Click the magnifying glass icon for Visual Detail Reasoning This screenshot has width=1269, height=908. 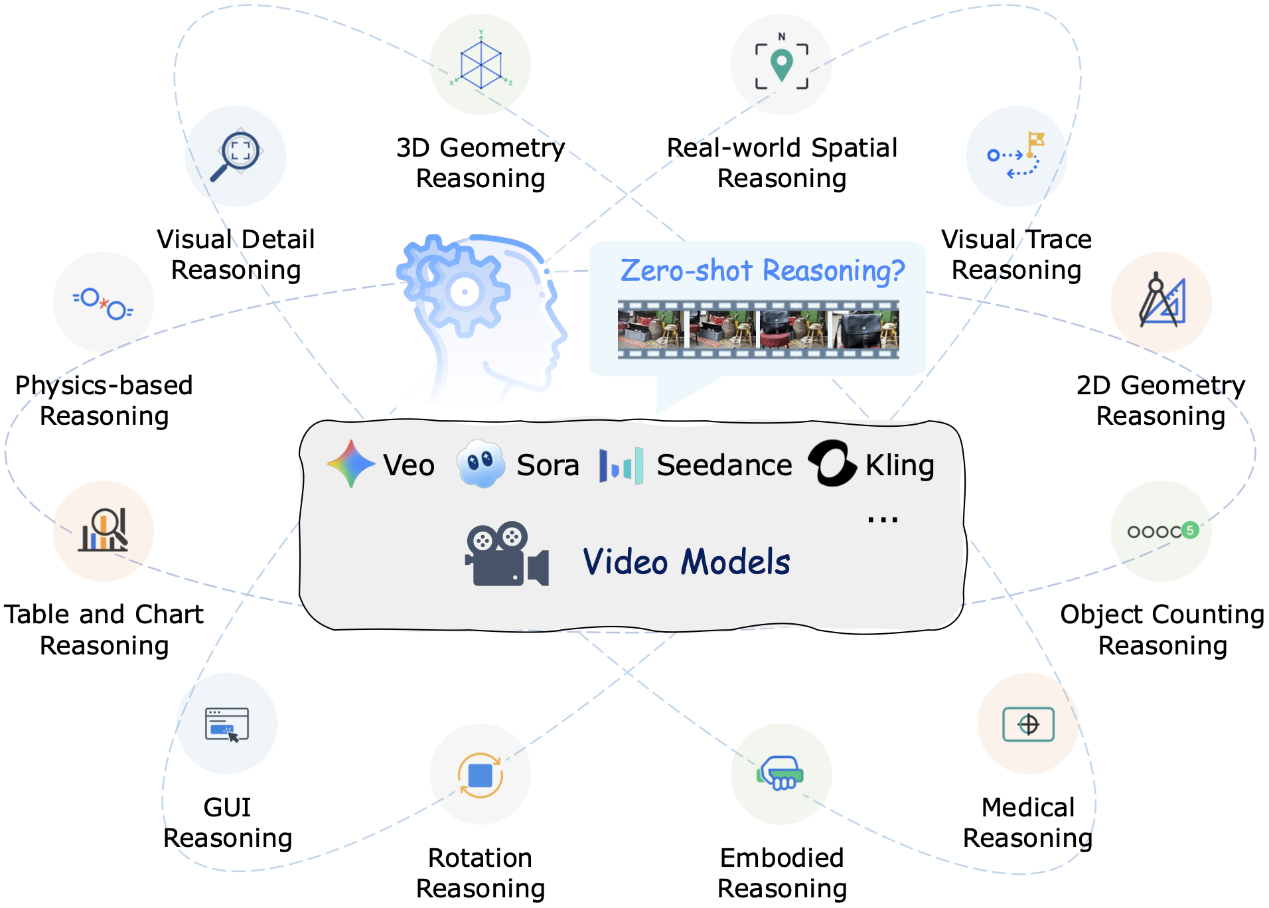click(236, 155)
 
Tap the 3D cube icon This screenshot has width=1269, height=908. click(481, 64)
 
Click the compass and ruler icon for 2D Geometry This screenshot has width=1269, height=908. click(1161, 301)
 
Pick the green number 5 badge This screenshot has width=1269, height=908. click(1190, 530)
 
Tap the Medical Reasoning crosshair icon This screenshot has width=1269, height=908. click(1028, 724)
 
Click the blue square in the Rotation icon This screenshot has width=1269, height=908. click(480, 775)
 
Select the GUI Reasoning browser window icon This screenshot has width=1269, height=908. click(227, 724)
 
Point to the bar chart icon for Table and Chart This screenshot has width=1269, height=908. click(104, 530)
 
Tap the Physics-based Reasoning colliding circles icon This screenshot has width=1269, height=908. click(104, 303)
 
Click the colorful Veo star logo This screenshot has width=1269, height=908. click(351, 464)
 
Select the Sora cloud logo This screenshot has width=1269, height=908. click(481, 463)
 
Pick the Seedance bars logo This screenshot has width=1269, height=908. click(621, 465)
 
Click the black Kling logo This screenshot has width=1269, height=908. click(831, 463)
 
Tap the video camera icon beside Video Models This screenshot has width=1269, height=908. click(507, 555)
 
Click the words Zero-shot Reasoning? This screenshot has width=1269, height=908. click(762, 271)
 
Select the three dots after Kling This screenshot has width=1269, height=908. click(882, 520)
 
